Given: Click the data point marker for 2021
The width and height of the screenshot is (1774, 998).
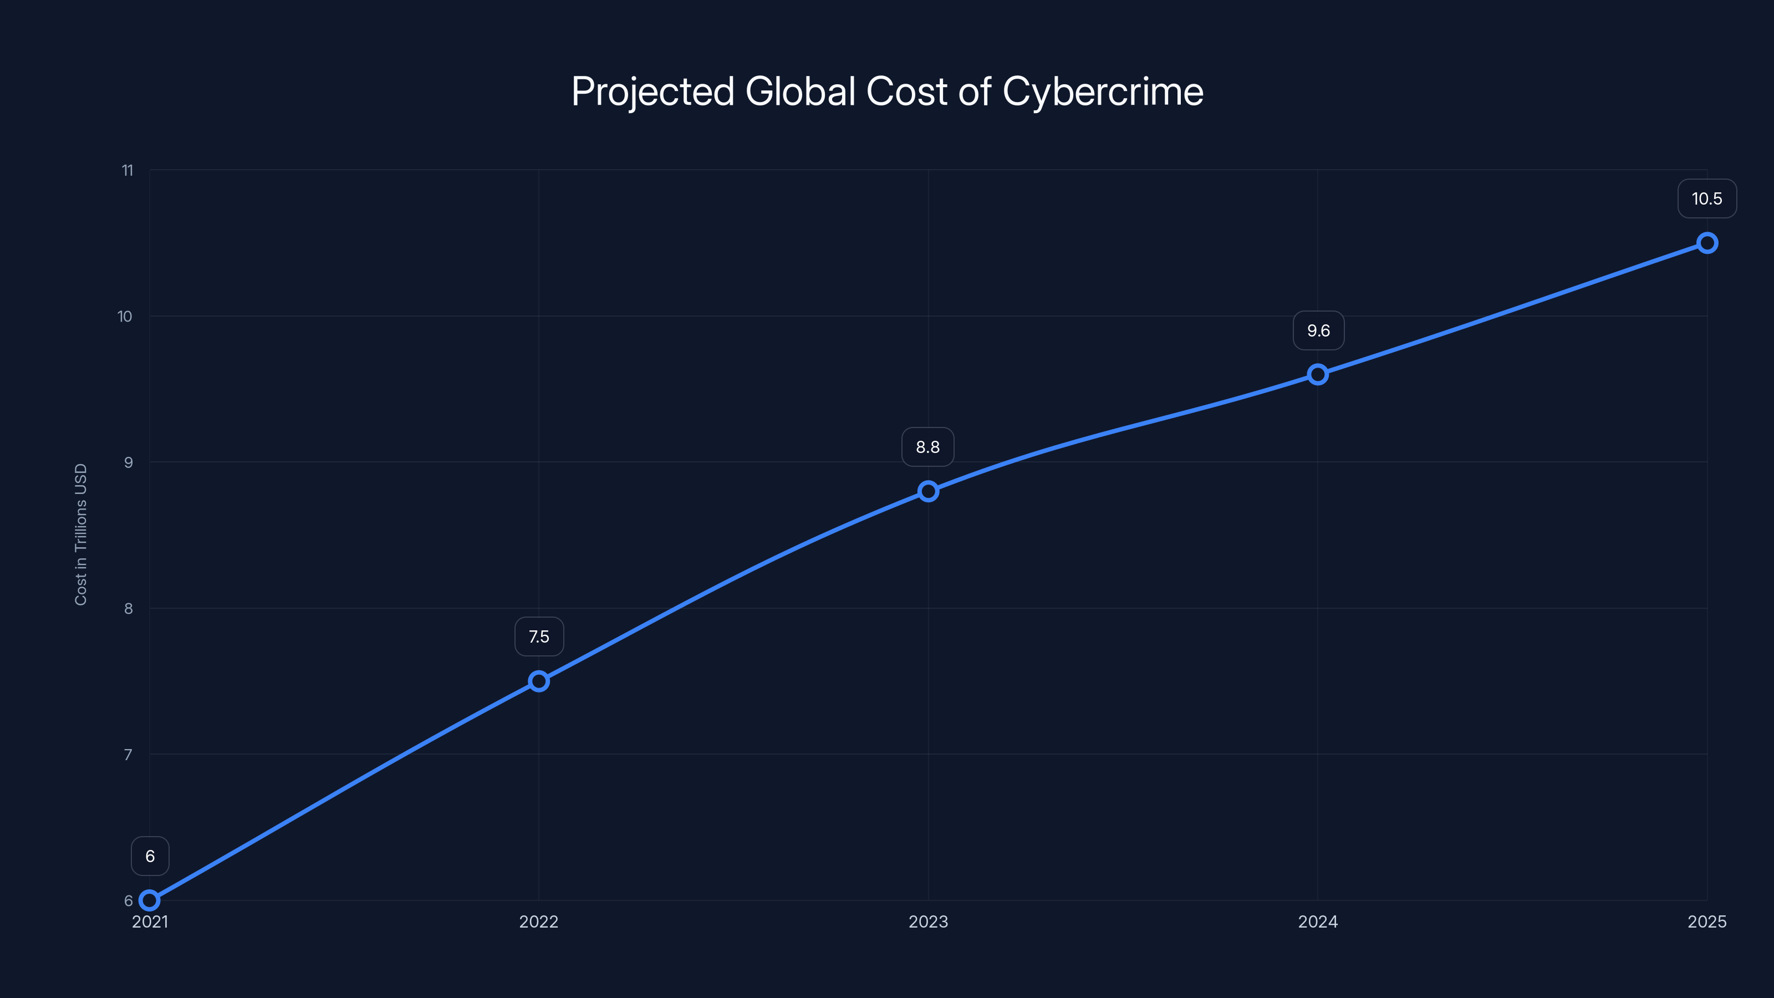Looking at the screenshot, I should coord(150,900).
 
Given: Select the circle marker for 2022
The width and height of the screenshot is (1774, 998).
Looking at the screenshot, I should coord(538,681).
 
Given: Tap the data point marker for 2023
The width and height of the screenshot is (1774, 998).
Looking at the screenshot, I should coord(927,491).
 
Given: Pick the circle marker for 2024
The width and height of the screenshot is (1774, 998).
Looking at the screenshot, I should coord(1317,375).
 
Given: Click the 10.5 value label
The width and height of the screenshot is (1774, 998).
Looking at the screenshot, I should coord(1706,199).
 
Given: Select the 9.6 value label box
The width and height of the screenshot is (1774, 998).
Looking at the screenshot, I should coord(1318,330).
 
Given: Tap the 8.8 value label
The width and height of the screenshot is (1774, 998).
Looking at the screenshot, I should coord(927,447).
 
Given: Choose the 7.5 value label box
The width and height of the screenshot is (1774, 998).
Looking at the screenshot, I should coord(538,637).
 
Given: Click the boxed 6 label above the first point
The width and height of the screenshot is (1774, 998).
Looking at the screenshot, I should coord(150,856).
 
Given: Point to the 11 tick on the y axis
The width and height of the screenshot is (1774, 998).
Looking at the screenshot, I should coord(128,170).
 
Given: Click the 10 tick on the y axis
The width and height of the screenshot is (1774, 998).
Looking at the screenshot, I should coord(125,316).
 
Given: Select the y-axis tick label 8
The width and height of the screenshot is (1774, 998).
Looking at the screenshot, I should coord(128,608).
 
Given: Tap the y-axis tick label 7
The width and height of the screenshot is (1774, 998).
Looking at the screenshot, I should coord(128,754).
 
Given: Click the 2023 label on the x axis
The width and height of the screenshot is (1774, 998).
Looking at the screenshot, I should coord(927,921).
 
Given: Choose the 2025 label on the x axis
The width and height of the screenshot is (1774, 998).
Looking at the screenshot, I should coord(1706,921).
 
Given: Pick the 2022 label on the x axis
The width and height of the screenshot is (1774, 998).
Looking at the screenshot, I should coord(538,921).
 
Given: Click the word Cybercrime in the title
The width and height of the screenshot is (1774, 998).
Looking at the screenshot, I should coord(1103,91).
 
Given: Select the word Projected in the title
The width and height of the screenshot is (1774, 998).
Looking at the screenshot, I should coord(653,91).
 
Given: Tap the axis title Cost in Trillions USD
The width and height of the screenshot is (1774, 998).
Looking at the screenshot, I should coord(80,534).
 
